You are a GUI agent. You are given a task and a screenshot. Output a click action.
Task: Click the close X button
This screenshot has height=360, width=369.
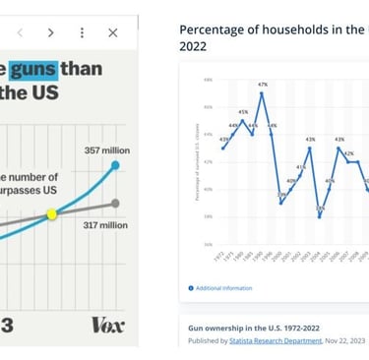(112, 32)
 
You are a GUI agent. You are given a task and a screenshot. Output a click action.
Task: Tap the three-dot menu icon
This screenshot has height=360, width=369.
(82, 32)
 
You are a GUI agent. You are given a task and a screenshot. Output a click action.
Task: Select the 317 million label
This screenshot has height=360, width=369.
(106, 224)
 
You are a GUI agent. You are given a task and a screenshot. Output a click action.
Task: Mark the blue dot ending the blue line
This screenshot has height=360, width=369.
(116, 165)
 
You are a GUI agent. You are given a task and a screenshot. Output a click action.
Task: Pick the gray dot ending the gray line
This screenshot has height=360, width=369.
(116, 204)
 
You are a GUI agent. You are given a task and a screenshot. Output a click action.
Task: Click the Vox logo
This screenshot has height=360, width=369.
(107, 324)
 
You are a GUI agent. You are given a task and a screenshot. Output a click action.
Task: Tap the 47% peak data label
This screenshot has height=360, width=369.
(263, 85)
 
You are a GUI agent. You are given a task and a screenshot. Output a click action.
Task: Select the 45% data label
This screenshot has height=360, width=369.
(243, 112)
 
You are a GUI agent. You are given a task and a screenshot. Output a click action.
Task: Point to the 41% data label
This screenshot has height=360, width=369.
(301, 167)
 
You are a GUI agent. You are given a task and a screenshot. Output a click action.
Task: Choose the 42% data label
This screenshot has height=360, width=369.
(348, 153)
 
